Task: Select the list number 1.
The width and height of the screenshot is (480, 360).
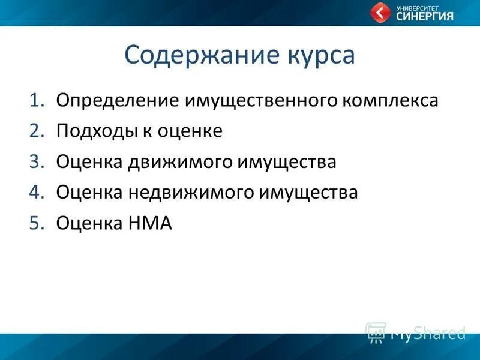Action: pyautogui.click(x=37, y=100)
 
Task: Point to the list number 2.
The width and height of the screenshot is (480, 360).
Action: pyautogui.click(x=37, y=131)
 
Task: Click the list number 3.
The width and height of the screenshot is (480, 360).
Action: pyautogui.click(x=37, y=162)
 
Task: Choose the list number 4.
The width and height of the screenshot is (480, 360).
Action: pyautogui.click(x=37, y=193)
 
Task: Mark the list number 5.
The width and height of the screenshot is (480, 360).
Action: pyautogui.click(x=37, y=223)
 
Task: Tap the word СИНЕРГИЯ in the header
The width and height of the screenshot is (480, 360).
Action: pyautogui.click(x=425, y=16)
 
